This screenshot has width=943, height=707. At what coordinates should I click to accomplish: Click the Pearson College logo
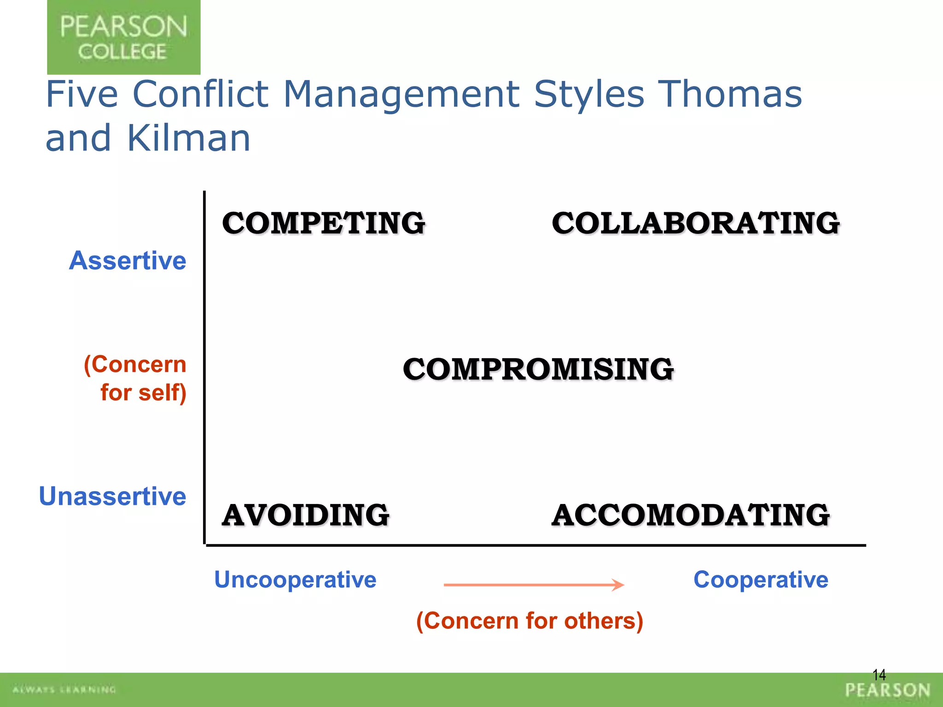tap(123, 37)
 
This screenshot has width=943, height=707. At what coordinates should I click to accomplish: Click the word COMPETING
tap(324, 223)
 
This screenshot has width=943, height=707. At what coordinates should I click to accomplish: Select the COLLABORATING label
tap(696, 223)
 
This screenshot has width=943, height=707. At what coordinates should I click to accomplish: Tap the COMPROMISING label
tap(538, 370)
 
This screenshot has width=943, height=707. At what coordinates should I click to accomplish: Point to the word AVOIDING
tap(306, 515)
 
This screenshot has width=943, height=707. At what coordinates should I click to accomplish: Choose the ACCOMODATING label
tap(691, 515)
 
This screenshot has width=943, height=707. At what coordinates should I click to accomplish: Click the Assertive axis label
tap(128, 261)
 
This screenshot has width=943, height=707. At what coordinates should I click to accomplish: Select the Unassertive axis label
tap(112, 496)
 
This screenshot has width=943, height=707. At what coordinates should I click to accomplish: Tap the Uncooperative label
tap(295, 580)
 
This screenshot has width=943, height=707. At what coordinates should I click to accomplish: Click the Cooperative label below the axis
tap(761, 580)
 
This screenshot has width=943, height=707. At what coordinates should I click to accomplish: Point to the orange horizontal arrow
tap(534, 585)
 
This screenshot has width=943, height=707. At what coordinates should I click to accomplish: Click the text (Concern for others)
tap(530, 621)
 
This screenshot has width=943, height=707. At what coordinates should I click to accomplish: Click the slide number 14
tap(879, 675)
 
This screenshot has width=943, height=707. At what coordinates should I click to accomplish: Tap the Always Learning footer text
tap(64, 690)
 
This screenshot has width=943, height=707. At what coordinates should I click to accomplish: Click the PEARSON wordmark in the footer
tap(888, 690)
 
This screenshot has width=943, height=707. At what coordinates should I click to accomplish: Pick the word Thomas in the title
tap(731, 94)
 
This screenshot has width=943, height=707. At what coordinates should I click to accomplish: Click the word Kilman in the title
tap(188, 138)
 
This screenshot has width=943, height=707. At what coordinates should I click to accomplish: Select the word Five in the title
tap(82, 94)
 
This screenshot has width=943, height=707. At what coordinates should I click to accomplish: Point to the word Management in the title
tap(401, 94)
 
